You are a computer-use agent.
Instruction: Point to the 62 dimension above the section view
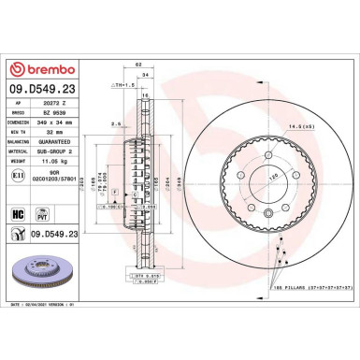click(138, 63)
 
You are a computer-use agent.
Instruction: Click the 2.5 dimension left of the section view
click(113, 122)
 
